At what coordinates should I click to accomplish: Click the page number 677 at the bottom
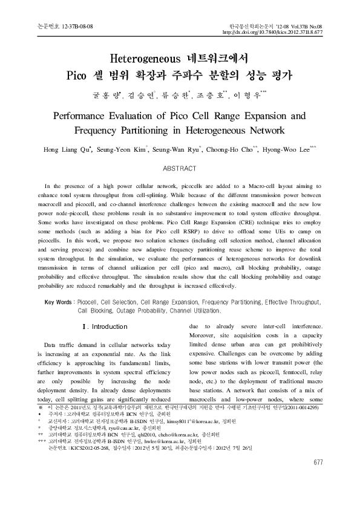coord(318,479)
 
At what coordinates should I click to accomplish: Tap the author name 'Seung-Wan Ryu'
coord(191,148)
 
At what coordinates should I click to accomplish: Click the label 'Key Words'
coord(59,301)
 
